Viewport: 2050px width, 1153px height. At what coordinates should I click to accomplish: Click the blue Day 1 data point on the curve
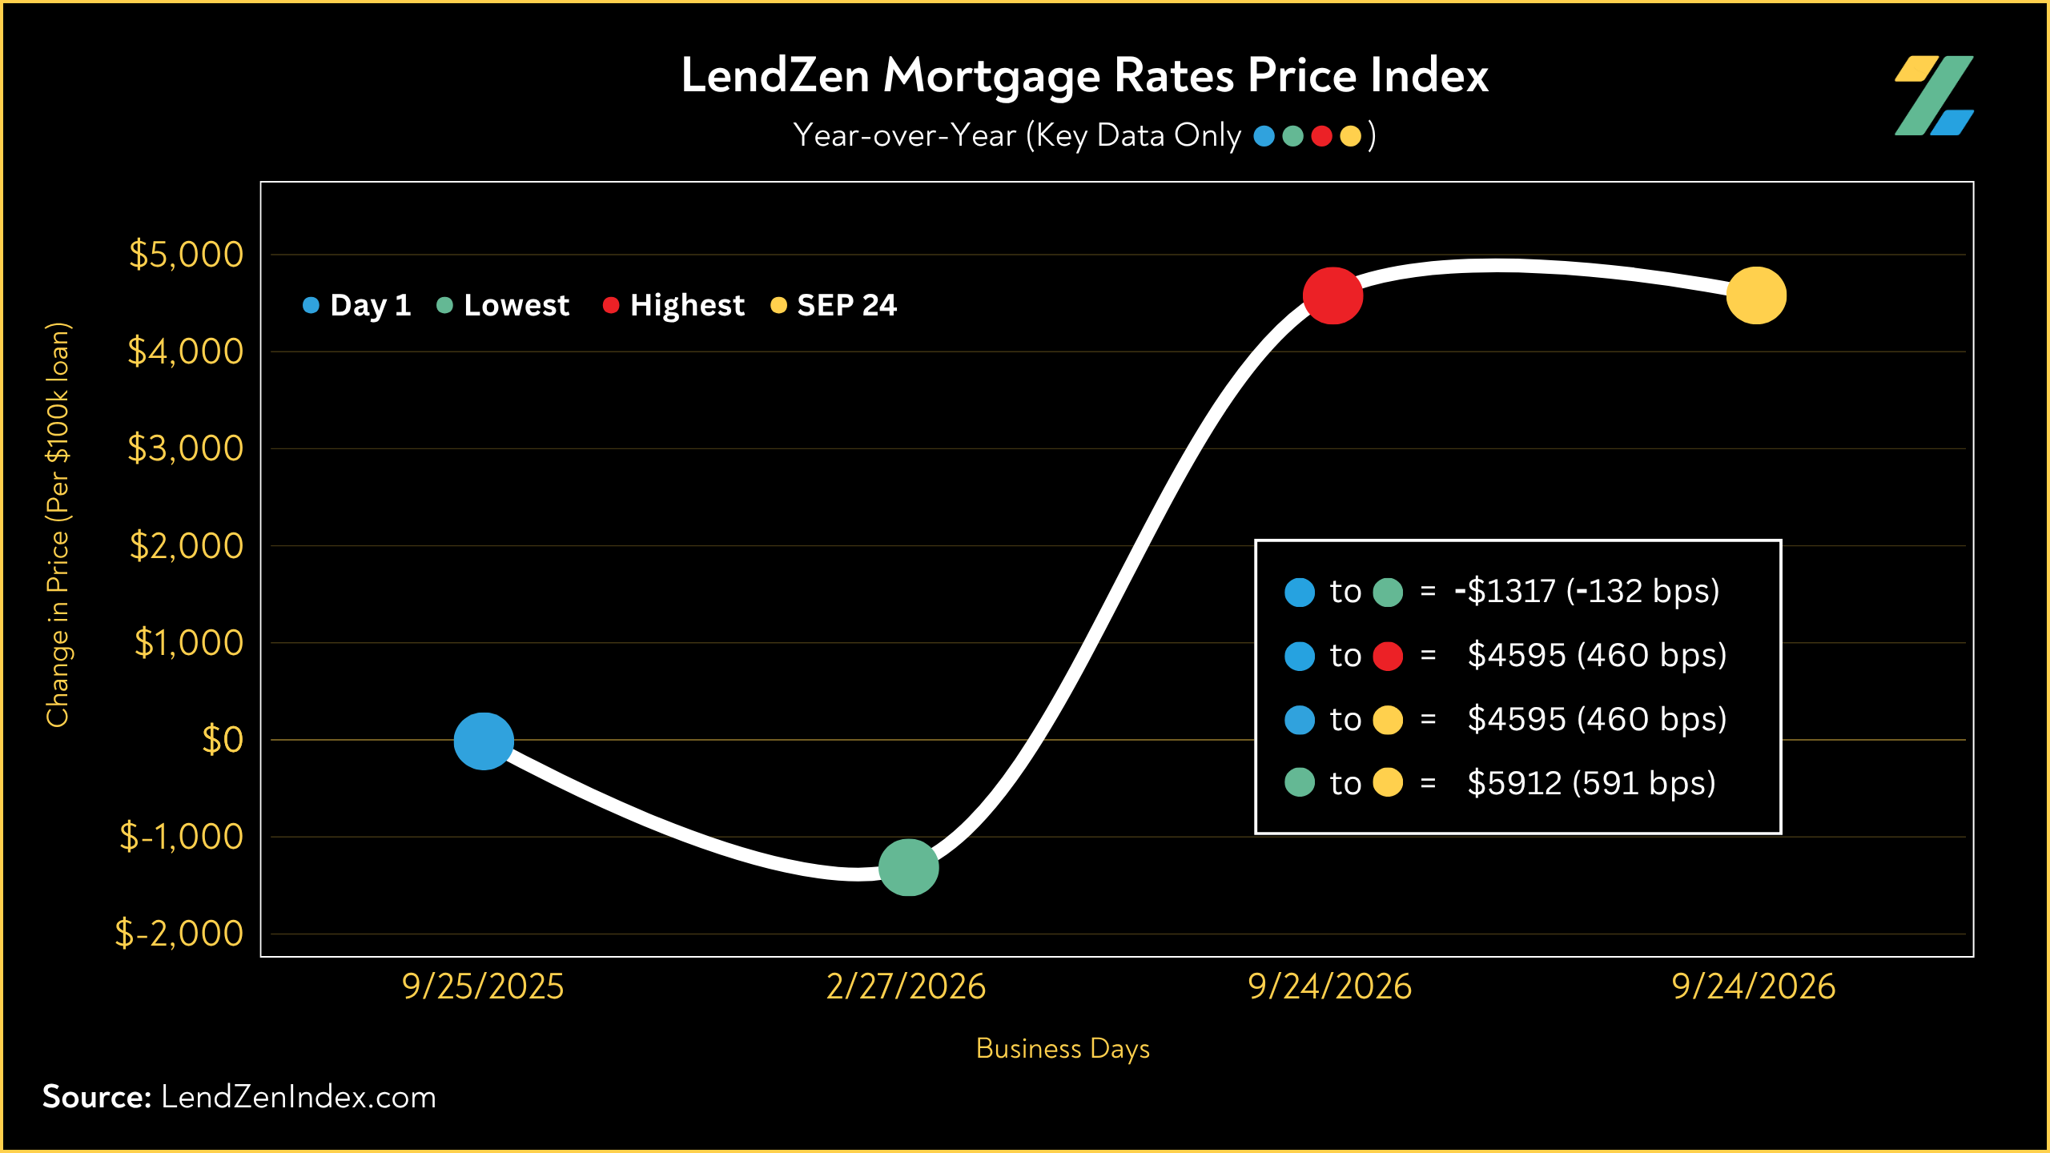coord(484,741)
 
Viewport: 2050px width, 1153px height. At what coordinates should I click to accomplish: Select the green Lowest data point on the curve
coord(908,867)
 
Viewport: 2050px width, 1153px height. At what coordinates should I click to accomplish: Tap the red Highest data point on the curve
coord(1332,295)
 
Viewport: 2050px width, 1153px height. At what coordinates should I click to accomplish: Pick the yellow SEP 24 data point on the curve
coord(1756,295)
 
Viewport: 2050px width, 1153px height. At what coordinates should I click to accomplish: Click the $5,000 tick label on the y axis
coord(186,255)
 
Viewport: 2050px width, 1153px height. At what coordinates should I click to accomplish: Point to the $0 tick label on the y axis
coord(223,740)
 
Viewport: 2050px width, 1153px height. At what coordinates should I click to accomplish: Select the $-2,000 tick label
coord(179,934)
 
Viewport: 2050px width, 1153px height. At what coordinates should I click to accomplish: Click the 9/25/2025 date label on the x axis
coord(483,986)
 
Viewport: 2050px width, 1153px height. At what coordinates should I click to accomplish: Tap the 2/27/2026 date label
coord(906,986)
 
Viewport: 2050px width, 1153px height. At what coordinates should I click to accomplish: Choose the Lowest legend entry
coord(503,305)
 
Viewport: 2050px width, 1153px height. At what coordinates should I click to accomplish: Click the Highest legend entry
coord(673,305)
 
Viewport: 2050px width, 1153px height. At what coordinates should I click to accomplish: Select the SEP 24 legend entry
coord(834,305)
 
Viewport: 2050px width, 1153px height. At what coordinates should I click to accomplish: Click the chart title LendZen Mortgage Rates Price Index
coord(1084,76)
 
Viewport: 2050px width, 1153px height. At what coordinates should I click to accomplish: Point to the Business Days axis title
coord(1063,1049)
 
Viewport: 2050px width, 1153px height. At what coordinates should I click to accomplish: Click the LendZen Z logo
coord(1934,95)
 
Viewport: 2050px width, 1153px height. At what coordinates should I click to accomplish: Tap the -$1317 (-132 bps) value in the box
coord(1586,592)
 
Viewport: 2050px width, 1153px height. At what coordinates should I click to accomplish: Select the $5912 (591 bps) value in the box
coord(1591,783)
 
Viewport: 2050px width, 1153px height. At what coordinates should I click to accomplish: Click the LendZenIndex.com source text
coord(299,1097)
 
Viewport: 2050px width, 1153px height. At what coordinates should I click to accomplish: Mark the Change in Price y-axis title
coord(58,524)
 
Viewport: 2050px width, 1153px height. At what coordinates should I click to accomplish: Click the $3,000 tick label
coord(186,448)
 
